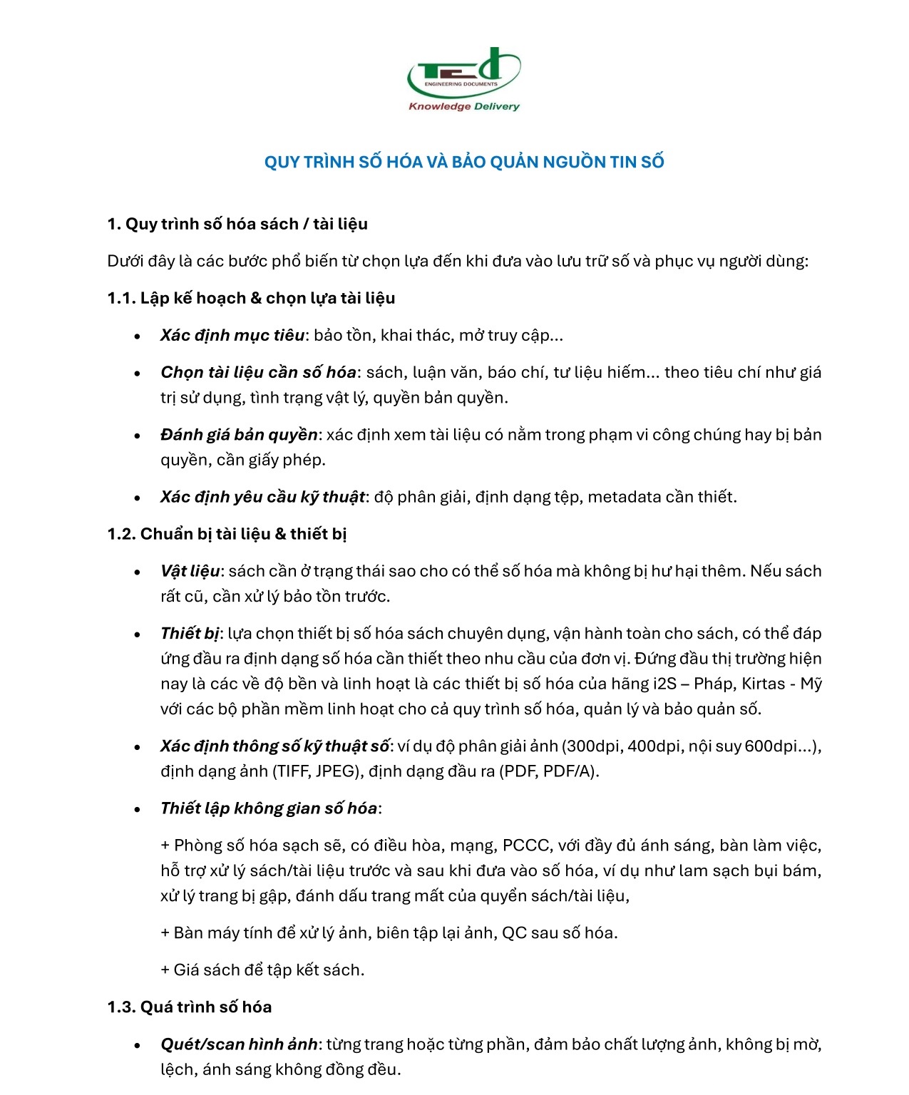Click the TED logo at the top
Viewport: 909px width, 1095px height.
tap(463, 73)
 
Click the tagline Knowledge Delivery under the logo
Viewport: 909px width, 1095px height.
tap(463, 107)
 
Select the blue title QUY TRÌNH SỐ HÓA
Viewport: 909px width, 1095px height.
tap(464, 163)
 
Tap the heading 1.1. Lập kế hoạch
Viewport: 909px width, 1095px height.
tap(251, 298)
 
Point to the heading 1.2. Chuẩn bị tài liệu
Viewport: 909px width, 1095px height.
tap(227, 534)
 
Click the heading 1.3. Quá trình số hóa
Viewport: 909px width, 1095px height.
tap(190, 1007)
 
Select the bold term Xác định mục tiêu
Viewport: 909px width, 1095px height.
tap(232, 335)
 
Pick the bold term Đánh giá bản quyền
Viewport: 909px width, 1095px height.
tap(239, 435)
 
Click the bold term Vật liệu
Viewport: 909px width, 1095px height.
tap(190, 571)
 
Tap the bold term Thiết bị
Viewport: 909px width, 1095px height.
tap(190, 634)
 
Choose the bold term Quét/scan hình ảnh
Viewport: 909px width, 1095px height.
tap(239, 1044)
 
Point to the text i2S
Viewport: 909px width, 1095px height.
tap(664, 684)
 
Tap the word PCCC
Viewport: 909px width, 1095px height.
tap(526, 845)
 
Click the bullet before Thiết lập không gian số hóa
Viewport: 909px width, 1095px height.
tap(137, 809)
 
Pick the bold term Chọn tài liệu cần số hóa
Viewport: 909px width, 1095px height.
tap(258, 372)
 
